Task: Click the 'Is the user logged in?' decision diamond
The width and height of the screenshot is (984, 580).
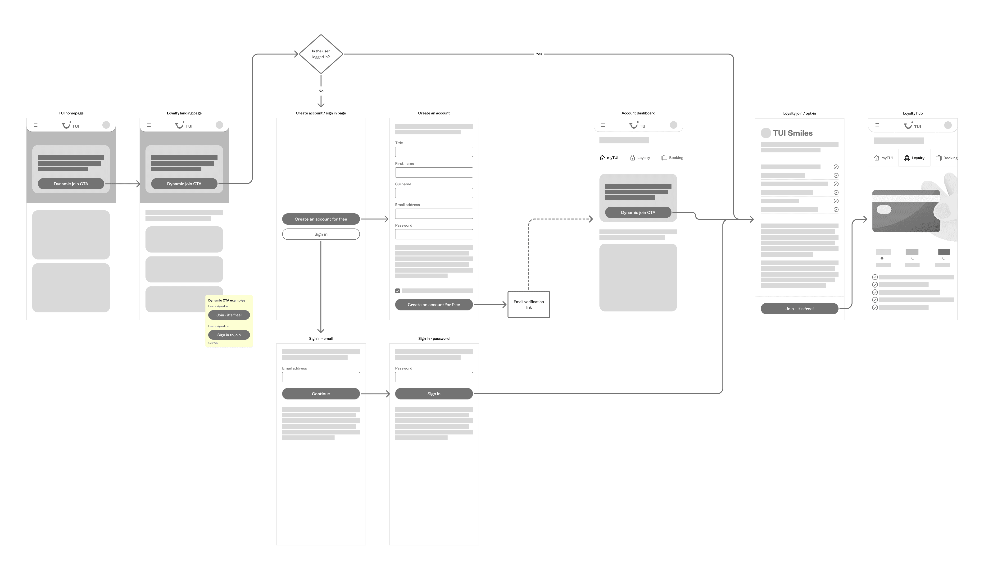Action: point(321,54)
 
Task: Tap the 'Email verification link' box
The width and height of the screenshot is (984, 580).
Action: point(529,305)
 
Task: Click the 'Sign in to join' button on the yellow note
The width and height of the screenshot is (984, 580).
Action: point(229,335)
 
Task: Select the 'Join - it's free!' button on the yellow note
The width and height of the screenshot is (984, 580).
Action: point(229,315)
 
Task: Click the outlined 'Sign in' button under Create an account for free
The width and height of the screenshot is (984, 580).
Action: point(321,234)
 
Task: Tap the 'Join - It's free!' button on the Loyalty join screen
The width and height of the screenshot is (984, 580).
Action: point(799,309)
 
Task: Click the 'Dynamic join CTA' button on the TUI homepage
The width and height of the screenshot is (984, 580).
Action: point(71,184)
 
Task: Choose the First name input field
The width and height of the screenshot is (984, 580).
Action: point(434,172)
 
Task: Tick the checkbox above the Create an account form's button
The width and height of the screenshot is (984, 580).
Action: point(398,291)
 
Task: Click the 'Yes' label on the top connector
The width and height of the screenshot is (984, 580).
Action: point(539,54)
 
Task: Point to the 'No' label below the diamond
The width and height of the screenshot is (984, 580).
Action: point(321,91)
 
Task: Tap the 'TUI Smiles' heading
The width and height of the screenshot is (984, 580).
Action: point(792,133)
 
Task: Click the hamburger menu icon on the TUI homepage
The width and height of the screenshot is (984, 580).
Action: point(36,125)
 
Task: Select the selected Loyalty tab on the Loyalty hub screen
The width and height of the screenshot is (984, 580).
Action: point(914,158)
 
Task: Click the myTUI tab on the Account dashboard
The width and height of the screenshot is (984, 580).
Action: point(609,158)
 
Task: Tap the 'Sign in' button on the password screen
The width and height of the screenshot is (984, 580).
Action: point(434,393)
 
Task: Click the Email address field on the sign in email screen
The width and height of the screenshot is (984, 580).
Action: point(321,377)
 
